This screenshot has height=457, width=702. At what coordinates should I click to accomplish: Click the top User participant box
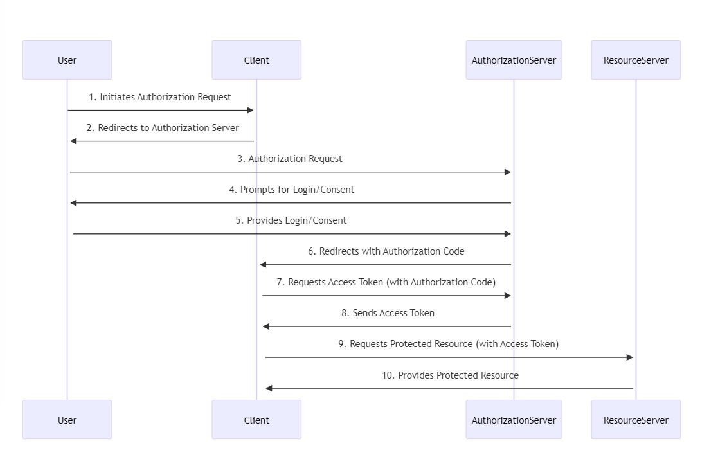[67, 60]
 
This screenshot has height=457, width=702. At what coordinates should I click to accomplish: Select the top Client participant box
[256, 60]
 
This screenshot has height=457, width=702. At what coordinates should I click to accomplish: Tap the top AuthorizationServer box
[514, 60]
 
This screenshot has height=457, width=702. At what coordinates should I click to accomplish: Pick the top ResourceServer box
[636, 60]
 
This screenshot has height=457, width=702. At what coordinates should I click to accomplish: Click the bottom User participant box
[67, 420]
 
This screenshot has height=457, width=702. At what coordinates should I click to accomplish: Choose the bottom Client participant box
[256, 420]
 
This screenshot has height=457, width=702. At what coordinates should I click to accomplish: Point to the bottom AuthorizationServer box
[514, 420]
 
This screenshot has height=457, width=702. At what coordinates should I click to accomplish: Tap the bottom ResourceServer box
[636, 420]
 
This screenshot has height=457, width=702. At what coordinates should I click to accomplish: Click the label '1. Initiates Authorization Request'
[160, 97]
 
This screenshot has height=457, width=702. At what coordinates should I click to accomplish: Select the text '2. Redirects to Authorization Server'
[163, 128]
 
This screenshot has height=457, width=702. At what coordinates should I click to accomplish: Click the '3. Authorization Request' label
[290, 159]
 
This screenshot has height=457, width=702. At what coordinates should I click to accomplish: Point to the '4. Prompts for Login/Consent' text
[291, 190]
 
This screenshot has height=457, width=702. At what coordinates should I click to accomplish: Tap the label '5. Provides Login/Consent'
[291, 220]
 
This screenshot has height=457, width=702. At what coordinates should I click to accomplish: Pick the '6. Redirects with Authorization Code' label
[386, 251]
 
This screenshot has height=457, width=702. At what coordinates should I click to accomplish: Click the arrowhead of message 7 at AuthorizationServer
[508, 296]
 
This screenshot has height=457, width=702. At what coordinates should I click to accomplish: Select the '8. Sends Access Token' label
[388, 313]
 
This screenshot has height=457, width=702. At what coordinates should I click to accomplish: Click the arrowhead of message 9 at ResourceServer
[630, 357]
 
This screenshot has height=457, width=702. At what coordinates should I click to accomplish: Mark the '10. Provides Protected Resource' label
[450, 375]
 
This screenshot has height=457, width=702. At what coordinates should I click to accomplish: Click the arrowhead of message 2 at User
[74, 141]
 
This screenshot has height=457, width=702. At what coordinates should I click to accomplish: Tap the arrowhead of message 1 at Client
[251, 111]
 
